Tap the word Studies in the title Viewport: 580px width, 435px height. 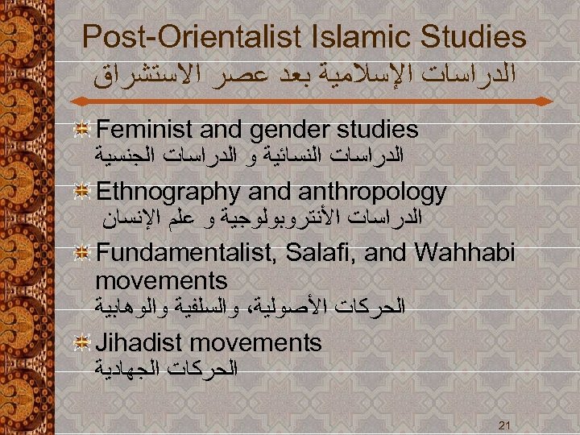pyautogui.click(x=475, y=36)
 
